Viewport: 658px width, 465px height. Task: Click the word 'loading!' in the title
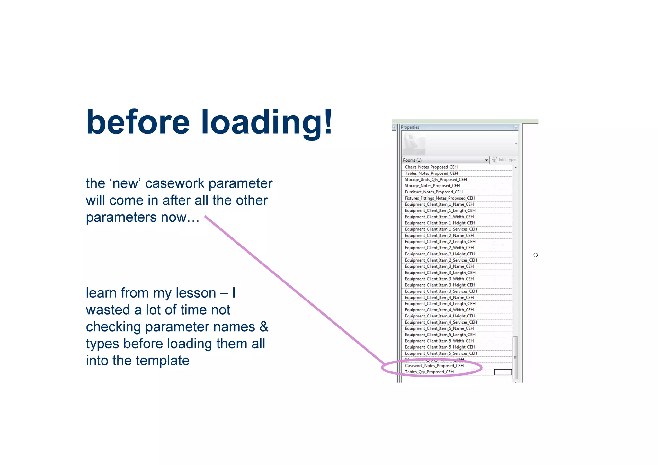(x=267, y=122)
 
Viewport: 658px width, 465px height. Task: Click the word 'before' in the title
(x=138, y=122)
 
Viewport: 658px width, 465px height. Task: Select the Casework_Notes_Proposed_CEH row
(x=434, y=366)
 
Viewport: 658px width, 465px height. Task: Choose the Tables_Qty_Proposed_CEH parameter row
(x=429, y=372)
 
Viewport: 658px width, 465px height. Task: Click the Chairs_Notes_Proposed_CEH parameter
(x=431, y=167)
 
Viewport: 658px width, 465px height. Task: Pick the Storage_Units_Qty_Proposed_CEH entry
(x=436, y=180)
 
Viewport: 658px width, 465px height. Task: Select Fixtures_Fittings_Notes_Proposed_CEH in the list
(x=440, y=198)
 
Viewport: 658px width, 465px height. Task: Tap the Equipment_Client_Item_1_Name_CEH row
(x=439, y=204)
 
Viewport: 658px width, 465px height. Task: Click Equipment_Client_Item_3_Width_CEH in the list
(x=439, y=279)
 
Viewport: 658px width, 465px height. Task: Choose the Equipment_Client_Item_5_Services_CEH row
(x=441, y=353)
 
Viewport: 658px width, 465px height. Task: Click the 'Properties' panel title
(x=410, y=127)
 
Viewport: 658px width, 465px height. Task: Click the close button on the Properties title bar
(x=516, y=127)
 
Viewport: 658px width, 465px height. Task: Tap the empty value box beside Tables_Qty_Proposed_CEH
(x=503, y=372)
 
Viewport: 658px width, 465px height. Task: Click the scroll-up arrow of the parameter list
(x=515, y=168)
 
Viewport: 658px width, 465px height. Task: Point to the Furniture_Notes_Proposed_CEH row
(x=434, y=192)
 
